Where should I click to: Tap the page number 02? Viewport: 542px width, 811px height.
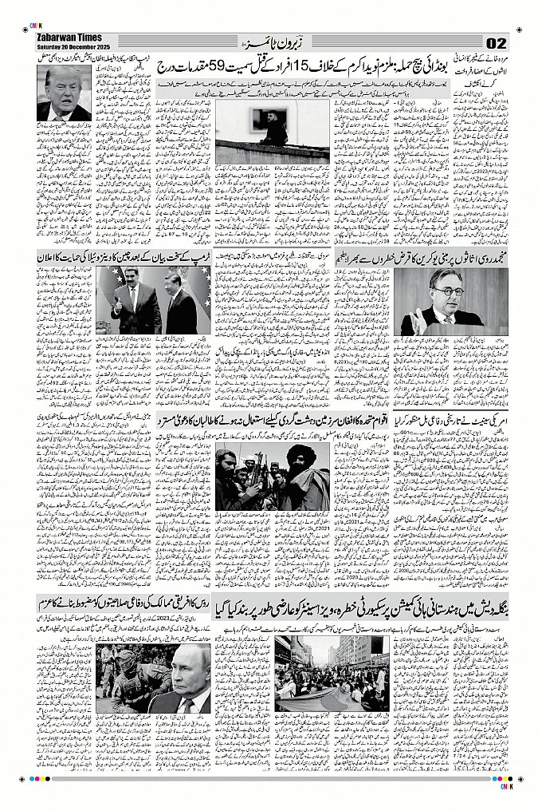click(496, 42)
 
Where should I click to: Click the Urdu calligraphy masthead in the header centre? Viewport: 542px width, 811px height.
click(270, 41)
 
